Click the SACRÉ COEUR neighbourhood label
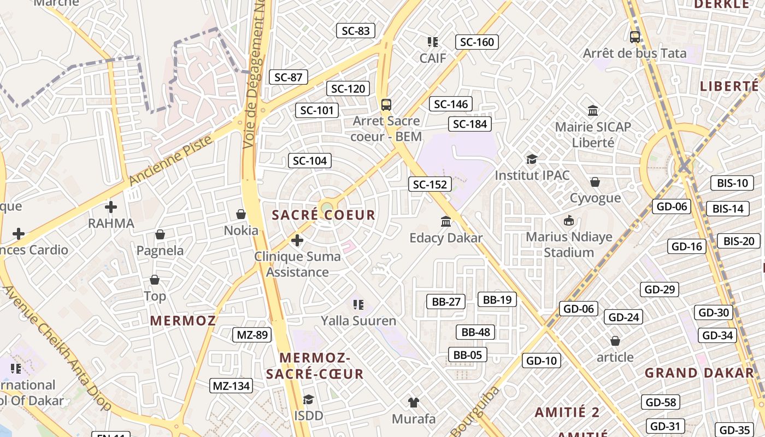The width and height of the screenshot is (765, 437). tap(323, 215)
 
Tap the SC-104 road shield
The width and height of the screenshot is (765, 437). tap(310, 161)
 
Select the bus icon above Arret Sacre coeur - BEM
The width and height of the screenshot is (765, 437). tap(386, 104)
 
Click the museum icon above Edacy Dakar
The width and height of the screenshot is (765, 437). tap(446, 222)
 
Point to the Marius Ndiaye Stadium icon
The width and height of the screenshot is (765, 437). tap(569, 221)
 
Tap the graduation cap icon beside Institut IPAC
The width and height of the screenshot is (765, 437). tap(532, 159)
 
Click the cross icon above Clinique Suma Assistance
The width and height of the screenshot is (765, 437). tap(297, 240)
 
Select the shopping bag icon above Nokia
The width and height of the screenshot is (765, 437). tap(240, 214)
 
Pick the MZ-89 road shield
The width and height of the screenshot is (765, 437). tap(252, 335)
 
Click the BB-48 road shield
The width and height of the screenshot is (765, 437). tap(475, 332)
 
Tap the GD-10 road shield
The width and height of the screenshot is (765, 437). tap(542, 361)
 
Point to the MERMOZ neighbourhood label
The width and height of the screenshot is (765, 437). tap(183, 321)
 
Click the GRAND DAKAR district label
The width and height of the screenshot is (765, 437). tap(699, 373)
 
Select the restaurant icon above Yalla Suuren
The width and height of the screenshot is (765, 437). tap(358, 304)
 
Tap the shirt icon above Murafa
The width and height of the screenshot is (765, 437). tap(414, 403)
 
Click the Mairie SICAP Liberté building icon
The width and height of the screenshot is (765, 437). tap(593, 110)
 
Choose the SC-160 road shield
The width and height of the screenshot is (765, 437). tap(476, 42)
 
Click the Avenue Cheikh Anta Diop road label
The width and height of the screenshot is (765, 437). tap(57, 347)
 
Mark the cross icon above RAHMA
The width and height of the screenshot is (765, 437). tap(111, 207)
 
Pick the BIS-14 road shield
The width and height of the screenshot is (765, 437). tap(728, 209)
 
